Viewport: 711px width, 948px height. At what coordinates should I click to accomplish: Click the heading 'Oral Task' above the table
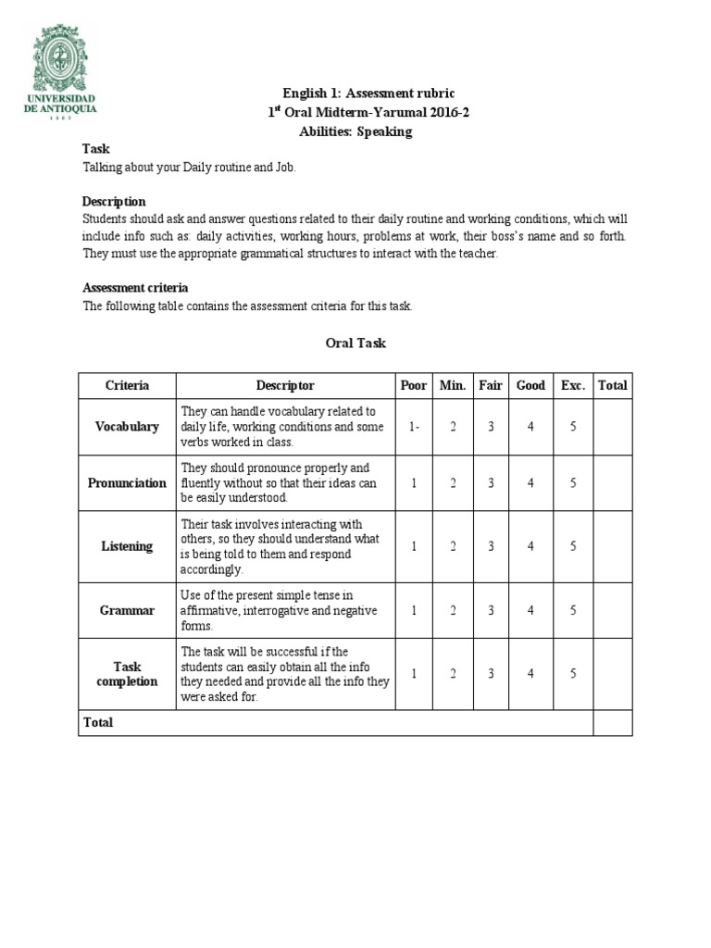pos(355,343)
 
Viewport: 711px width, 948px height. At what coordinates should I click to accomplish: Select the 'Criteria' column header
pos(127,385)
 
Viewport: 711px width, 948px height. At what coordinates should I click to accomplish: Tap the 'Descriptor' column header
pos(285,385)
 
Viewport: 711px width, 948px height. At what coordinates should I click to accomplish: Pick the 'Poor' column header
pos(414,385)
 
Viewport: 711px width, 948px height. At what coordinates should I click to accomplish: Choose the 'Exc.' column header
pos(573,385)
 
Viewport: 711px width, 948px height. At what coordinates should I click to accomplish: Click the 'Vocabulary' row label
pos(127,427)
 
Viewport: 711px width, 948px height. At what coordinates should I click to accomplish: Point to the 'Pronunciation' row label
pos(127,482)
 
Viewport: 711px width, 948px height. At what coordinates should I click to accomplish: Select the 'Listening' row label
pos(127,546)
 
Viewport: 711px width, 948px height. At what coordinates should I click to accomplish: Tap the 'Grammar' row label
pos(127,610)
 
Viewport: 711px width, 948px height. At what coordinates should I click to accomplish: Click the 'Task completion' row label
pos(127,674)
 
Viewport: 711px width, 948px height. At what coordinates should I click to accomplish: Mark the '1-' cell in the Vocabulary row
pos(414,427)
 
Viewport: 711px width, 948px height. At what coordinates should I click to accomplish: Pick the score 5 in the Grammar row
pos(573,610)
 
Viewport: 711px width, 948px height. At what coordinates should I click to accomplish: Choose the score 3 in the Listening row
pos(491,546)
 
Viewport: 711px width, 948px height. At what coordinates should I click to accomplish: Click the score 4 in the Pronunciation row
pos(530,482)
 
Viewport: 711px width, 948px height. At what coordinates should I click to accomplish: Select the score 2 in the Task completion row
pos(453,674)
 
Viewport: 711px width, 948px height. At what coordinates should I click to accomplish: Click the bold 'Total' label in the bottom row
pos(98,722)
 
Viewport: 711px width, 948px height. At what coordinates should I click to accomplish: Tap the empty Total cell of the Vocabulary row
pos(612,427)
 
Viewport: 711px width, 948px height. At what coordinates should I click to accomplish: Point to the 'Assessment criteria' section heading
pos(135,288)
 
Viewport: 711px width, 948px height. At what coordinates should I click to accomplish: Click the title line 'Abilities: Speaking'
pos(355,131)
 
